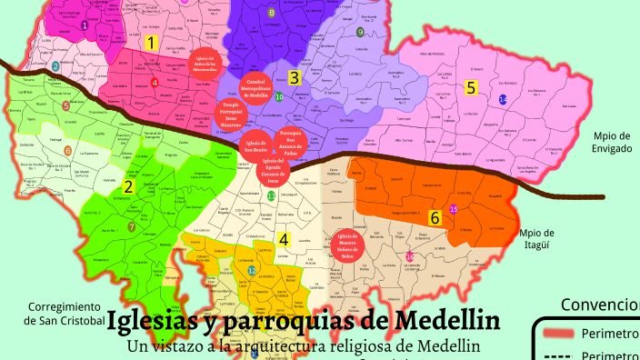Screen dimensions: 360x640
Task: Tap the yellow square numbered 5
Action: pyautogui.click(x=471, y=88)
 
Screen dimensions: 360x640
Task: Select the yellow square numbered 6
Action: pyautogui.click(x=435, y=218)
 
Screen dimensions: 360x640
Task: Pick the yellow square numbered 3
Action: pyautogui.click(x=294, y=77)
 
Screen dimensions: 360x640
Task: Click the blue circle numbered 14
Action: pyautogui.click(x=503, y=99)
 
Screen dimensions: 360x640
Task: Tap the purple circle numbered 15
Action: pyautogui.click(x=454, y=209)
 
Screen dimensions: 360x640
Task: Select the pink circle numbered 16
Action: pyautogui.click(x=410, y=257)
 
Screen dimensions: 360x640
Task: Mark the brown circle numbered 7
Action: pyautogui.click(x=132, y=227)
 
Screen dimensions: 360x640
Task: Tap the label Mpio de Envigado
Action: pyautogui.click(x=611, y=143)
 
